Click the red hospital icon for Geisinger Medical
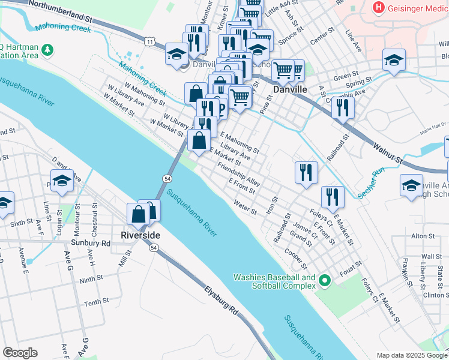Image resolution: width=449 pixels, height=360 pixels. pyautogui.click(x=379, y=8)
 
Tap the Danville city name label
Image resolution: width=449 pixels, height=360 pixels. pyautogui.click(x=290, y=89)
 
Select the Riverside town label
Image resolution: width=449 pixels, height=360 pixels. pyautogui.click(x=140, y=234)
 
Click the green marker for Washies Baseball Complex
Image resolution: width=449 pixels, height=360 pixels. pyautogui.click(x=325, y=281)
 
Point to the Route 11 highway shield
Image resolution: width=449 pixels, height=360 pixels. pyautogui.click(x=149, y=41)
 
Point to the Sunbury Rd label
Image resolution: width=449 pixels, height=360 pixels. pyautogui.click(x=97, y=244)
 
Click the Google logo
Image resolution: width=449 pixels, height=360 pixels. pyautogui.click(x=20, y=353)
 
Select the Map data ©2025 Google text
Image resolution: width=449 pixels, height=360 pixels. pyautogui.click(x=411, y=355)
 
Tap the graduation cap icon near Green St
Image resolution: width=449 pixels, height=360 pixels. pyautogui.click(x=394, y=59)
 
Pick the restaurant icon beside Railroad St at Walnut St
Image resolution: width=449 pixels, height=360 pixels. pyautogui.click(x=343, y=107)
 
